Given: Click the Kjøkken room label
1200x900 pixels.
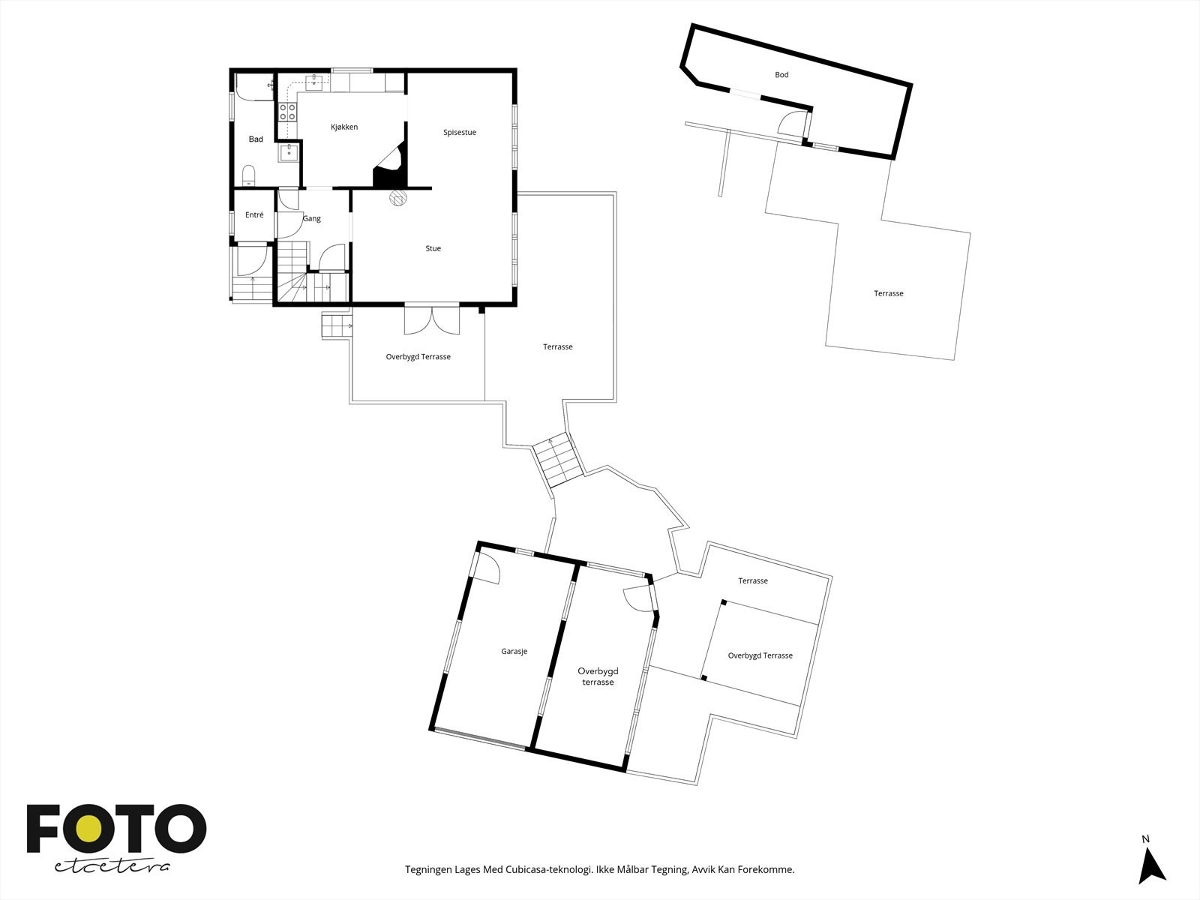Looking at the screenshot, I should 344,127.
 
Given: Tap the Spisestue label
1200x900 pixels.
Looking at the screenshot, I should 460,133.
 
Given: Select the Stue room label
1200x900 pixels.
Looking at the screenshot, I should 433,248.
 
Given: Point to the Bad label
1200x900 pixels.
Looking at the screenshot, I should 256,139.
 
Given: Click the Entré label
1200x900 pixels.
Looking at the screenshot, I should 254,215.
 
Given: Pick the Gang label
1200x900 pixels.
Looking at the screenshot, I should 312,219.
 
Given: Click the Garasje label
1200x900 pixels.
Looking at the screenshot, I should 514,651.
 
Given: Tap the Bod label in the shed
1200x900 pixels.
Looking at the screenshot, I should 781,75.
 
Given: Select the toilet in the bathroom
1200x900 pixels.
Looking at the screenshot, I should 250,176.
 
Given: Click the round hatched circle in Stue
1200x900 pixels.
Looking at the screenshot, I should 397,198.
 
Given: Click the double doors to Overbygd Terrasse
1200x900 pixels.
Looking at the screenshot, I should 432,320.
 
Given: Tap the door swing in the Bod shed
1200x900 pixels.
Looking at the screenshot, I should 791,124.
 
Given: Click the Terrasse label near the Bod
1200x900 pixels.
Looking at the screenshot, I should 888,294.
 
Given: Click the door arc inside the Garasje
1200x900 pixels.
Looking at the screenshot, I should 488,568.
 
